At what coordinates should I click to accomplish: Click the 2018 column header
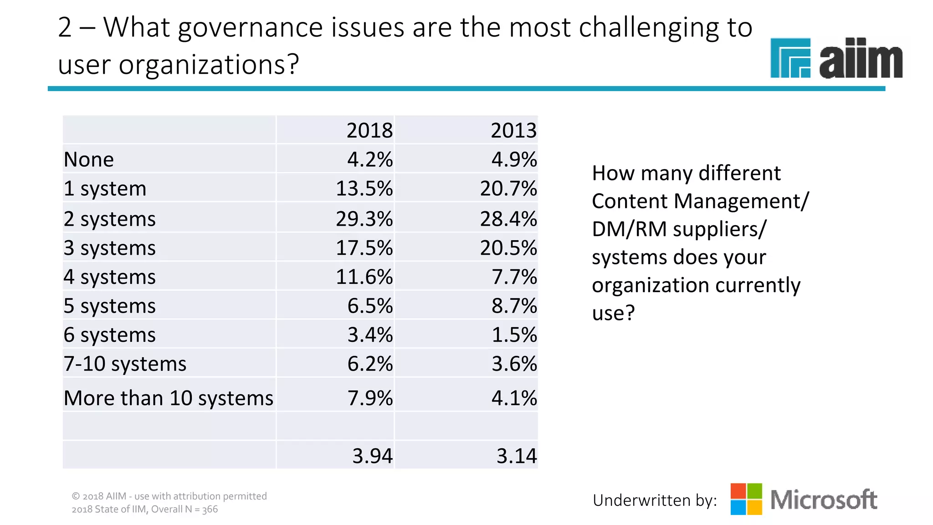pos(369,131)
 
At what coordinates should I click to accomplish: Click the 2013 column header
pos(513,131)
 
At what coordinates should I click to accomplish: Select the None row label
pos(89,160)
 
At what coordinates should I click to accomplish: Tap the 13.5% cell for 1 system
pos(364,189)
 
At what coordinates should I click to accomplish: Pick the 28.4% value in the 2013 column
pos(508,219)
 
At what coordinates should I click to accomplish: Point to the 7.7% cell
pos(514,277)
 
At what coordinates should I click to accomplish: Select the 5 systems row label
pos(109,306)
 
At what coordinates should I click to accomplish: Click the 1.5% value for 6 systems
pos(514,335)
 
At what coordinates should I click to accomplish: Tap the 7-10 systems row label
pos(125,364)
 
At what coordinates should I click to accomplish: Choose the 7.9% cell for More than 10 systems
pos(369,398)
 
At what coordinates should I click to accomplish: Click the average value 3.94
pos(372,456)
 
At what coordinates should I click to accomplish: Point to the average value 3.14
pos(516,456)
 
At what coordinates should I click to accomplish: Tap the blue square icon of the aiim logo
pos(790,58)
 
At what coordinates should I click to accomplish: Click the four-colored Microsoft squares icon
pos(746,499)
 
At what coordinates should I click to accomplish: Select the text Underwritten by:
pos(655,500)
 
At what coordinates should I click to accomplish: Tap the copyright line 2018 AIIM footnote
pos(169,496)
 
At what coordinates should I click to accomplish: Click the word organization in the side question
pos(650,286)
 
